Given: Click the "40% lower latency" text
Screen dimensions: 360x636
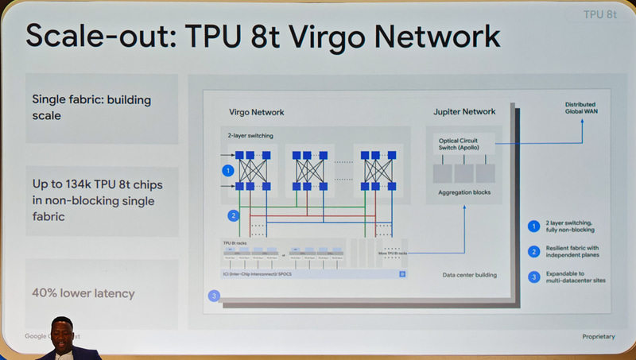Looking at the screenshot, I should (x=83, y=293).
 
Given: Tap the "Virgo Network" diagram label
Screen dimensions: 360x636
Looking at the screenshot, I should (x=256, y=113).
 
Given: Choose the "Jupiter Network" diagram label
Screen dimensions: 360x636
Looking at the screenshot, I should (x=464, y=112).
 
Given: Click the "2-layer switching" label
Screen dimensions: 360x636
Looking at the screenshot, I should (x=250, y=136).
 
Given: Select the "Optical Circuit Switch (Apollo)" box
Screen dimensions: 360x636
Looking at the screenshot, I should (x=465, y=145).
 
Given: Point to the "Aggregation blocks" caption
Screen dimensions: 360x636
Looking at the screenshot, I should (x=465, y=193).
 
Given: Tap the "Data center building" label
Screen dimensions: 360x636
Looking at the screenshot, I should (x=469, y=275).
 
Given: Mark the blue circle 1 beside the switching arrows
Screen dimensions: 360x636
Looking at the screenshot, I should (x=227, y=170).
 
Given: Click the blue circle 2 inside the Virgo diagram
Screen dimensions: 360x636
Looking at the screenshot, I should (x=233, y=215).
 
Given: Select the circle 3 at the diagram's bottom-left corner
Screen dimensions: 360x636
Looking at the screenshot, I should (x=213, y=296).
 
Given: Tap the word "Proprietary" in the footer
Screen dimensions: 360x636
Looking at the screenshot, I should (x=598, y=337).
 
